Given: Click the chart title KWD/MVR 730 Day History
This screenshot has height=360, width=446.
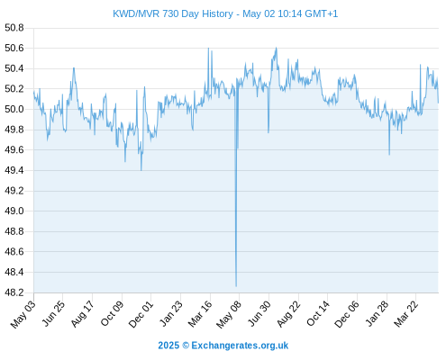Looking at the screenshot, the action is [x=173, y=13].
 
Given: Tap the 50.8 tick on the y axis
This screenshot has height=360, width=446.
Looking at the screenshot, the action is [x=14, y=28].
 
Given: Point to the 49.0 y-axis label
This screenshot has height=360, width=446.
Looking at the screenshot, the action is [x=14, y=211].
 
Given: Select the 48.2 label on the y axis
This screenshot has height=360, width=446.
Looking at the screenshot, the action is [x=14, y=292].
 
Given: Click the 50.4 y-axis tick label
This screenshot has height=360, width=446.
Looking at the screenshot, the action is [x=14, y=68].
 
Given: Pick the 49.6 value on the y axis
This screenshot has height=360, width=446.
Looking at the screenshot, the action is [x=14, y=150].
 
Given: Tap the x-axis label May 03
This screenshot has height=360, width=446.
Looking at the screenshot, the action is [x=23, y=314].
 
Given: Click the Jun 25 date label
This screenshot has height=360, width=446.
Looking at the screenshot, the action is [x=53, y=314].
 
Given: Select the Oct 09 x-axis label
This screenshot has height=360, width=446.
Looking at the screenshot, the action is [x=112, y=314].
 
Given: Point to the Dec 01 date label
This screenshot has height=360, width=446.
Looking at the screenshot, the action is [x=141, y=314].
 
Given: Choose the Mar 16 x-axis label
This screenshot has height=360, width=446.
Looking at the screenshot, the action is [x=200, y=314].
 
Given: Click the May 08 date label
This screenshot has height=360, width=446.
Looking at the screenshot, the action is [x=229, y=314].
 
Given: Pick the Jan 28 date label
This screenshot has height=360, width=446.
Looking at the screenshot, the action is [x=377, y=314].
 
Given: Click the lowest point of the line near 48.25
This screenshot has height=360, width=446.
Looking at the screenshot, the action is [x=236, y=286].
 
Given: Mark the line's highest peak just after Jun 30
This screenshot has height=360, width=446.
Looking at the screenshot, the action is [x=277, y=48].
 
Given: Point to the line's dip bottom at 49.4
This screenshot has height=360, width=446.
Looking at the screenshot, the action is [x=141, y=170].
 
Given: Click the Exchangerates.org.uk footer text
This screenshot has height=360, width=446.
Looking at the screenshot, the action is [x=240, y=346].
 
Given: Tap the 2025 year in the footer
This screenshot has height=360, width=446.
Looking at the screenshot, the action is [x=168, y=346].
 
